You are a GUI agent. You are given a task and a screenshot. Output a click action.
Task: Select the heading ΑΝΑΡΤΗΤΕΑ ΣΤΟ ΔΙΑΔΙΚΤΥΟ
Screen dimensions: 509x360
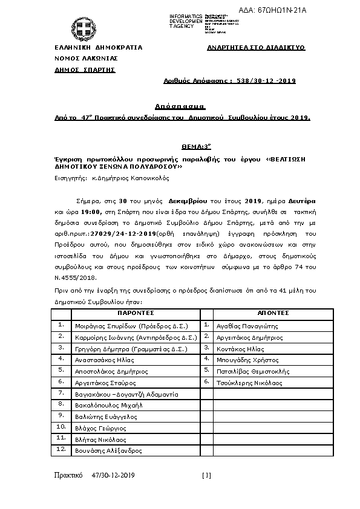coord(256,47)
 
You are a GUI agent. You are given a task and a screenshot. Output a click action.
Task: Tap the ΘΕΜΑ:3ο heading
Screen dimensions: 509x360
coord(180,146)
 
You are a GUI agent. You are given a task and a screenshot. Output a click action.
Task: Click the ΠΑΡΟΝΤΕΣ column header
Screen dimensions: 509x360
coord(136,313)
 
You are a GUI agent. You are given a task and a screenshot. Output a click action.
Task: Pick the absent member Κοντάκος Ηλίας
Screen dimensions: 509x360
coord(239,349)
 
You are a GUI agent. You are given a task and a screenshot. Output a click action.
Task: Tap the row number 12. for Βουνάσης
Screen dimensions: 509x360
coord(61,450)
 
